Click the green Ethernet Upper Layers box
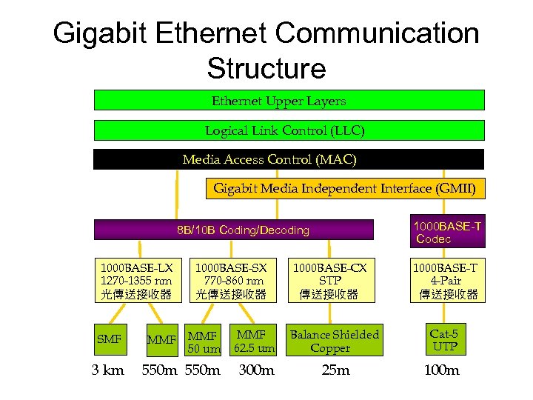pos(289,100)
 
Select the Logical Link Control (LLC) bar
pos(289,130)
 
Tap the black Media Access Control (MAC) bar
pos(289,159)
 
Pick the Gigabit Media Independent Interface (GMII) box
pos(345,188)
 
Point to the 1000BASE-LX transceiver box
pos(136,281)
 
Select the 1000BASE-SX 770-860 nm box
pos(231,281)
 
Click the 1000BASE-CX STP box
pos(329,281)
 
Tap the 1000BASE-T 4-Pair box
pos(446,281)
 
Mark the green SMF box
pos(109,339)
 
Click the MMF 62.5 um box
pos(254,341)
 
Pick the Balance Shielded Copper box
pos(334,341)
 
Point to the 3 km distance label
pos(108,370)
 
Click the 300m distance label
pos(256,370)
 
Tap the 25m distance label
pos(335,370)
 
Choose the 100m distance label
pos(442,370)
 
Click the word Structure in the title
pos(266,69)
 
